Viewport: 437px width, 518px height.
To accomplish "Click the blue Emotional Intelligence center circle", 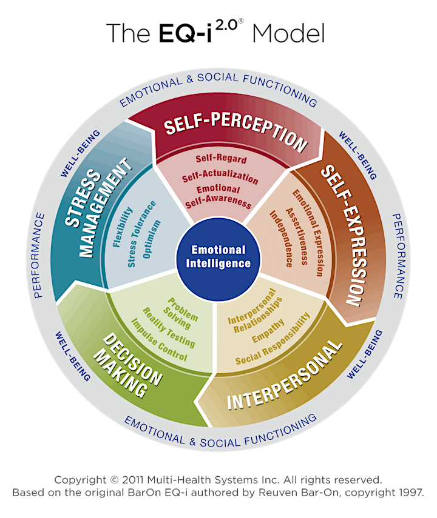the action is point(218,258).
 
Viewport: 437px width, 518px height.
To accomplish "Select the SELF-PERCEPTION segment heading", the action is point(235,130).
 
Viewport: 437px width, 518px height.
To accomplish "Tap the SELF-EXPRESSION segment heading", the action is point(344,235).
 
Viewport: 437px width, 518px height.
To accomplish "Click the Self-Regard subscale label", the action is point(221,159).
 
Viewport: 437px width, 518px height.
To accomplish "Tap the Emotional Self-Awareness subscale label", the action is point(218,197).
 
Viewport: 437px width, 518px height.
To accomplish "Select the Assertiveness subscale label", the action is point(297,236).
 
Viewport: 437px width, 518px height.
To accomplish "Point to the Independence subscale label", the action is point(281,239).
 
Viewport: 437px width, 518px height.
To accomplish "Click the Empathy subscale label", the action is point(268,331).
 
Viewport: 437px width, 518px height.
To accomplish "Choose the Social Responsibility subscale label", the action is point(273,339).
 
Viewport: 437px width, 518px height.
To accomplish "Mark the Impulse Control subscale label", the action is point(159,340).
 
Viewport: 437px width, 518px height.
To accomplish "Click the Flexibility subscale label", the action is point(123,227).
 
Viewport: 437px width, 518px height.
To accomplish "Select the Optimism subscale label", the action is point(152,239).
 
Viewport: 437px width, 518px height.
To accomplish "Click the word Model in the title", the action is point(288,33).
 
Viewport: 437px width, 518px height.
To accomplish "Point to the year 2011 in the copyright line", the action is point(133,480).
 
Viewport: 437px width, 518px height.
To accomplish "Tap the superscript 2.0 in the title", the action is point(226,25).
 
